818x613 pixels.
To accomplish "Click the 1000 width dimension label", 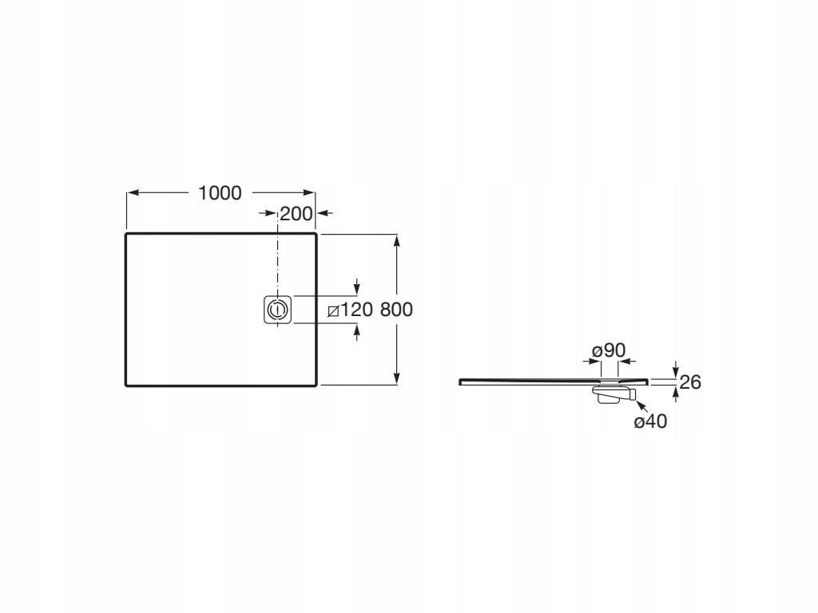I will (x=220, y=193).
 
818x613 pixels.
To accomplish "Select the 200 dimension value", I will (x=296, y=214).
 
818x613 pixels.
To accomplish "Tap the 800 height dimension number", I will (x=396, y=310).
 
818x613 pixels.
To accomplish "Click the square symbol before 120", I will (x=334, y=310).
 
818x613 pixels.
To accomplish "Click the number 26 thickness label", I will (x=690, y=382).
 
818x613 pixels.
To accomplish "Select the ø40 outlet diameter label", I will (x=650, y=421).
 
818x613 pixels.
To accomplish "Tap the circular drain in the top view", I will (x=277, y=309).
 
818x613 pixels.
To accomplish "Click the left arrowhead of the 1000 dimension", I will (x=133, y=193).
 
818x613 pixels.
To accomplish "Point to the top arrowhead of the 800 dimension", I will (x=397, y=240).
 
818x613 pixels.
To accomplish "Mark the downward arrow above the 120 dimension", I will (x=356, y=287).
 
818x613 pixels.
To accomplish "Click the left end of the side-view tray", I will (x=462, y=382).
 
